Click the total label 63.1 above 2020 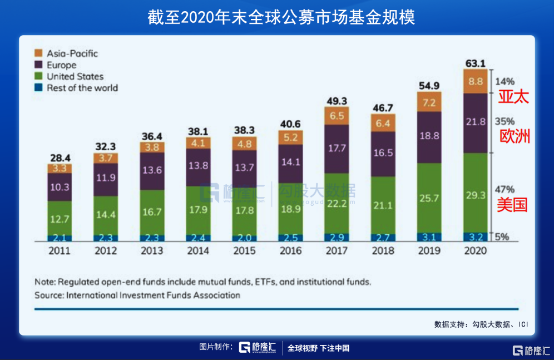pos(474,61)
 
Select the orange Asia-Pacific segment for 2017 pos(338,116)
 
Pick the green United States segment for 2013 pos(151,211)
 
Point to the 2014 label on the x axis pos(197,251)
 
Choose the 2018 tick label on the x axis pos(383,251)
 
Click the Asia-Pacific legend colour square pos(38,53)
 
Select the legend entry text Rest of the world pos(82,88)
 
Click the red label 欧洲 pos(513,137)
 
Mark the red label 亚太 pos(513,96)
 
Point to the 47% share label pos(504,189)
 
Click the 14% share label pos(504,81)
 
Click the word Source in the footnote pos(48,295)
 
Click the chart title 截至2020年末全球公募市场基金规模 pos(276,17)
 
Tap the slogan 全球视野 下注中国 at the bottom pos(318,348)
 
